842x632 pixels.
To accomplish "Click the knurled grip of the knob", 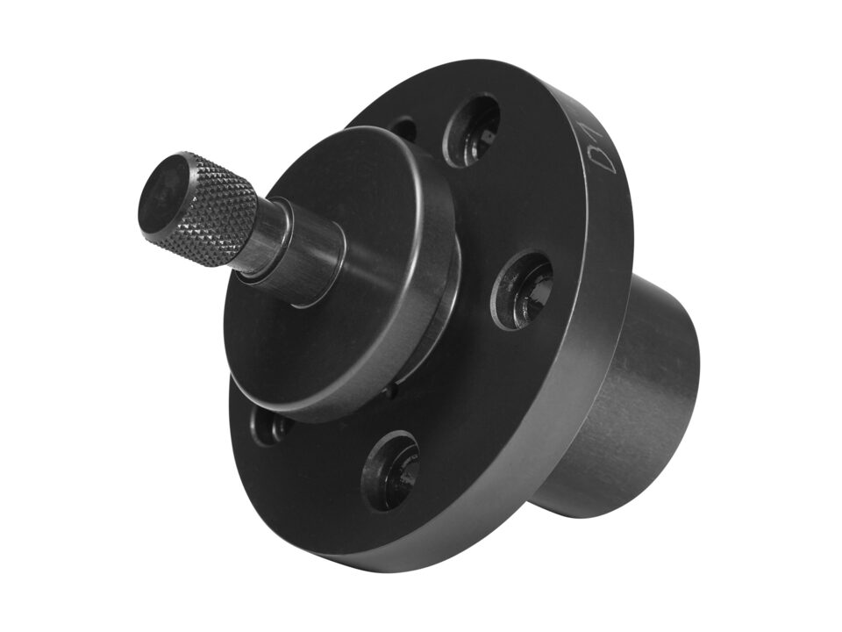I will coord(219,211).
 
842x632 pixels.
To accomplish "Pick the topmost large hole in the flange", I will coord(471,130).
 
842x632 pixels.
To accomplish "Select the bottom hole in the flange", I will coord(390,470).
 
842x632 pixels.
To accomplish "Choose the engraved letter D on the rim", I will coord(603,158).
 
